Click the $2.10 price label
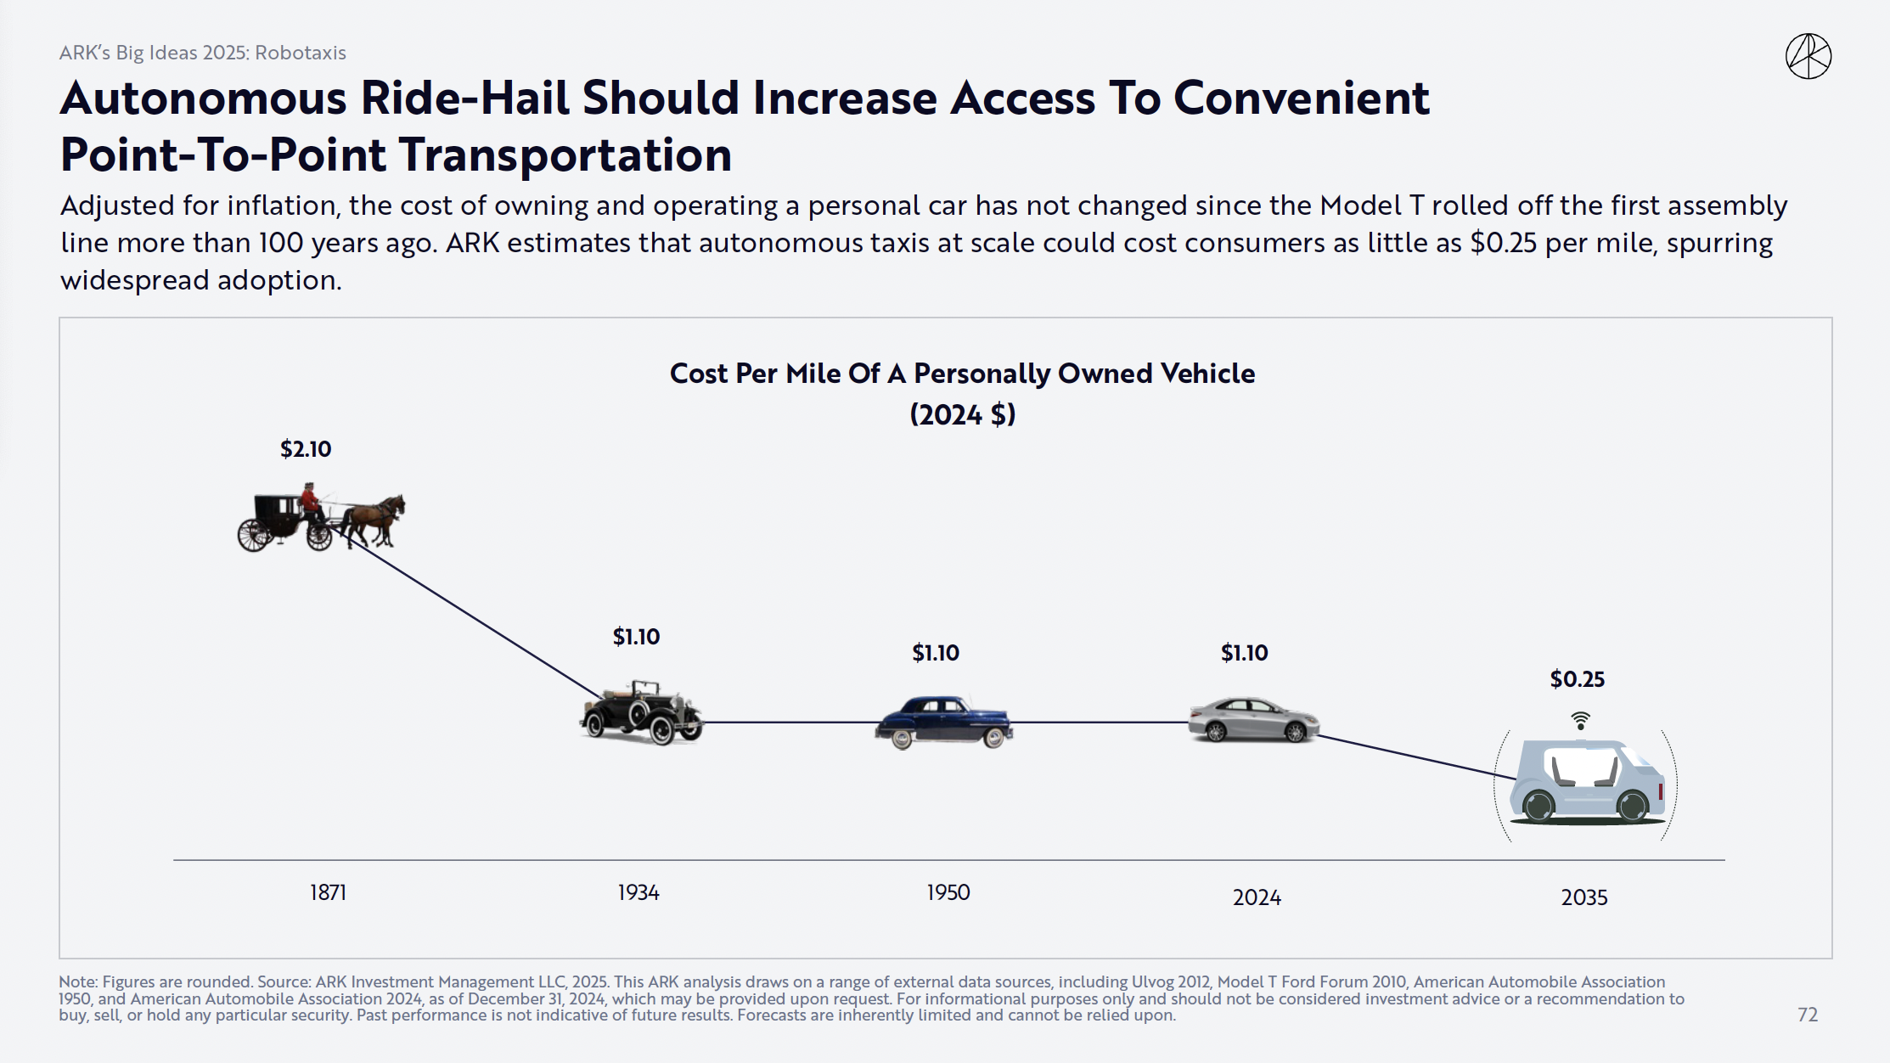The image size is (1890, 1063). point(306,449)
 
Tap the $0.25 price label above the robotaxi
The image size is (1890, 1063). point(1577,679)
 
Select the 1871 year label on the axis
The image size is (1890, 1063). point(328,892)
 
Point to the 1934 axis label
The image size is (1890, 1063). point(638,892)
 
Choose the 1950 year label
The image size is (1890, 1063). point(948,892)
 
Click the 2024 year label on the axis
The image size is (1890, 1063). point(1257,897)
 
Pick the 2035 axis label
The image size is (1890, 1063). point(1583,897)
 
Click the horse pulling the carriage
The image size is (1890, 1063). point(375,518)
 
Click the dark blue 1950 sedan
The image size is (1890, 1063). point(943,722)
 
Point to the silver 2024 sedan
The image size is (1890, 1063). point(1253,720)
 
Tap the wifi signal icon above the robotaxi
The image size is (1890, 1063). point(1580,721)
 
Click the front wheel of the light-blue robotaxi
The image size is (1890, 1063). point(1632,805)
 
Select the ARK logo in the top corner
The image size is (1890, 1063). point(1808,57)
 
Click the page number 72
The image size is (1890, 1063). point(1808,1015)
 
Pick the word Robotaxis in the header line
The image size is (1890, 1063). point(301,53)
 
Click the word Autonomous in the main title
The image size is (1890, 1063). point(203,98)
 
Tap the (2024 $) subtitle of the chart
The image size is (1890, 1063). point(962,415)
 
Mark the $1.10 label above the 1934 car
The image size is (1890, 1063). point(636,637)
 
